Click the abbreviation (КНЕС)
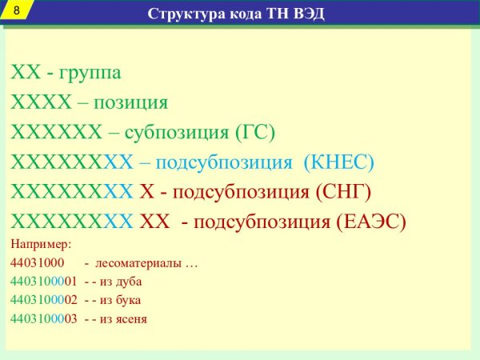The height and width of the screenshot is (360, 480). coord(339,162)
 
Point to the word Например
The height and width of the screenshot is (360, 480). coord(41,243)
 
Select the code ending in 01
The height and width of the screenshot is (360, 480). coord(43,282)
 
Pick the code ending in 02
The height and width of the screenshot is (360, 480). coord(43,300)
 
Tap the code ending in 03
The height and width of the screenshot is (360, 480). coord(43,318)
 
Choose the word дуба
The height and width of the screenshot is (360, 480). coord(129,282)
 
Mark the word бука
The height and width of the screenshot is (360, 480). coord(128,300)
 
